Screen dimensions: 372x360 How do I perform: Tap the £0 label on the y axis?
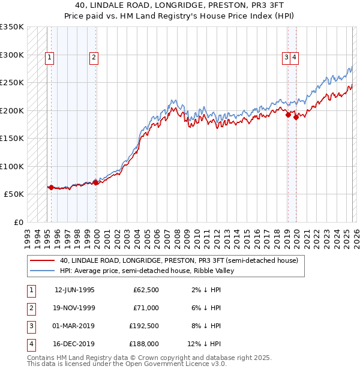[x=18, y=222]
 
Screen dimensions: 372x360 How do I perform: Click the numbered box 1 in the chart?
[x=49, y=58]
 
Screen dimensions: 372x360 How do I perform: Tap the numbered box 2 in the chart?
[x=94, y=58]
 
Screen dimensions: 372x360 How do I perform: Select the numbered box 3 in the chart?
[x=287, y=58]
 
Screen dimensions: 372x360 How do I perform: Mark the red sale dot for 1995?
[x=51, y=187]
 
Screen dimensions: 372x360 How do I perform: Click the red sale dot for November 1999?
[x=95, y=182]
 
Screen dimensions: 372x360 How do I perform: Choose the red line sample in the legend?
[x=44, y=260]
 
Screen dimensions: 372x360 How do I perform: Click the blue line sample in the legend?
[x=44, y=271]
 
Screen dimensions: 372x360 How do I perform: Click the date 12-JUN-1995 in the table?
[x=74, y=290]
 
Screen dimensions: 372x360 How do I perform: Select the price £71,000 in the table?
[x=146, y=307]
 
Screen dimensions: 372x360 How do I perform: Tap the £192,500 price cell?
[x=144, y=326]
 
